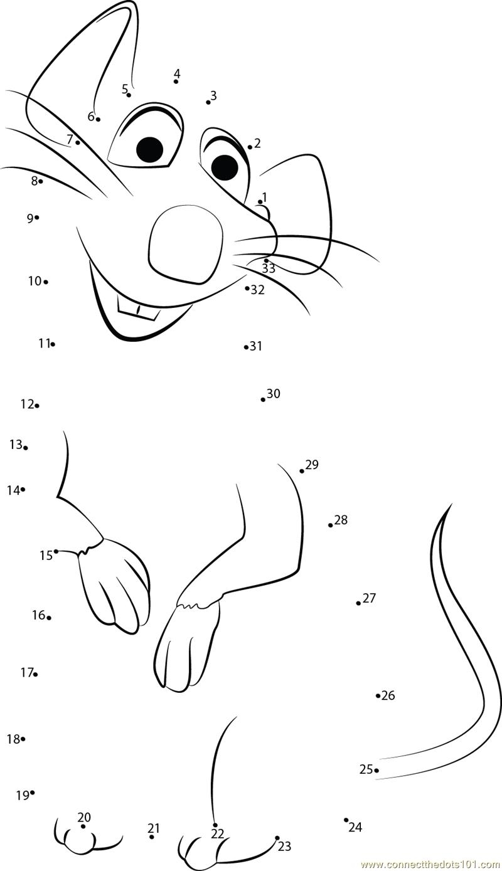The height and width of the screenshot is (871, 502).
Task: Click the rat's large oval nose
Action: point(186,245)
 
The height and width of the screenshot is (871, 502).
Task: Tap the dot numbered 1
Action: point(260,202)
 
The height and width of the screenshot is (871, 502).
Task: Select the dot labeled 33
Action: point(266,260)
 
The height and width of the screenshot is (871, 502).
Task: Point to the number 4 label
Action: point(177,73)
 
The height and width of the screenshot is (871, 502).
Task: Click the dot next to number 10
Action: point(46,282)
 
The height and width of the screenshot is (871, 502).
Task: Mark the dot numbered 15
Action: point(56,551)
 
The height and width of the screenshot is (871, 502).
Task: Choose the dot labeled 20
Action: point(83,826)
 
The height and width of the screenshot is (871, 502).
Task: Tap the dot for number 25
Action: point(376,770)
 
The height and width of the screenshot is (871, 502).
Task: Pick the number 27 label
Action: point(369,598)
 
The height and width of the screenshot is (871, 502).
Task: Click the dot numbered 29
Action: point(302,471)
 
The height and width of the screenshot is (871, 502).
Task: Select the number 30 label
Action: point(273,394)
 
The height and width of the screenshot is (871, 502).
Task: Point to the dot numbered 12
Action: point(37,406)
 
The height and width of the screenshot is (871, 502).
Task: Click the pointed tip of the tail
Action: point(451,504)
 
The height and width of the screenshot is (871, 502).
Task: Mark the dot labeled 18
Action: point(23,739)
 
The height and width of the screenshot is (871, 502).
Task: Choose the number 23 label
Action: point(284,846)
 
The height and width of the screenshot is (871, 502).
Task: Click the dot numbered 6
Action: point(98,119)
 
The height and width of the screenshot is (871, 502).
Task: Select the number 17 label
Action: point(27,672)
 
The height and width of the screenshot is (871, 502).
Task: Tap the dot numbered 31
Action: point(246,347)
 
